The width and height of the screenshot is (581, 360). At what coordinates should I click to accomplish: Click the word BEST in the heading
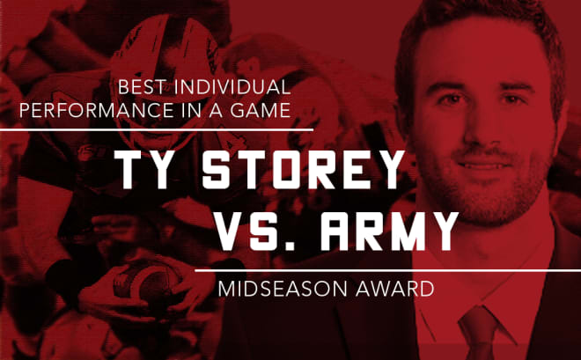141,87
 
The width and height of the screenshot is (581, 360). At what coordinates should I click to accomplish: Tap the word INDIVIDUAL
232,87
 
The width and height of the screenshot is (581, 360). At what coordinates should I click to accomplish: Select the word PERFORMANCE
97,110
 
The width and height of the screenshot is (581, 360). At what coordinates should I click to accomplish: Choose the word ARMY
389,231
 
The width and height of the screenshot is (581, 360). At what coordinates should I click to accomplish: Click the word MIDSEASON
283,289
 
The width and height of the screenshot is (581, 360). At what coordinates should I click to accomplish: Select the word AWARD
394,289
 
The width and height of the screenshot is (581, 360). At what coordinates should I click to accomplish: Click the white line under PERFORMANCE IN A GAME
157,129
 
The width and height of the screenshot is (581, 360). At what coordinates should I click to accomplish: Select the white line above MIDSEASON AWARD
388,271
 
